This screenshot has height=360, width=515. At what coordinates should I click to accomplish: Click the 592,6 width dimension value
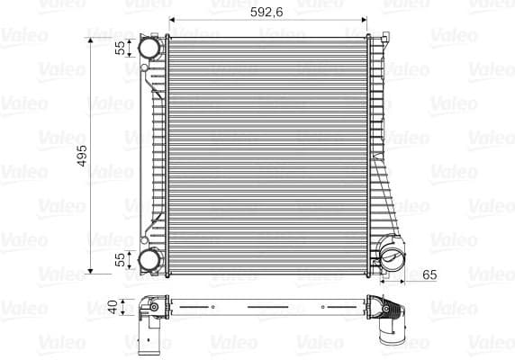267,13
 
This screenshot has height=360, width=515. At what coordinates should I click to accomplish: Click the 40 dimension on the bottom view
113,307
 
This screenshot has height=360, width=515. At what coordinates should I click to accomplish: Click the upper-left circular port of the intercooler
149,48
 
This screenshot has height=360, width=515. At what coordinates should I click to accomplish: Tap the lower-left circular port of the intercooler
149,261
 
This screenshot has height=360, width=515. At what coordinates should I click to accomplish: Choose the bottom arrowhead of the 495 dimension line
91,268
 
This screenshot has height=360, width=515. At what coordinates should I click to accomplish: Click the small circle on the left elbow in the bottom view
154,307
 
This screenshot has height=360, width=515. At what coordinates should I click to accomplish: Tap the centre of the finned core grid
267,153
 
